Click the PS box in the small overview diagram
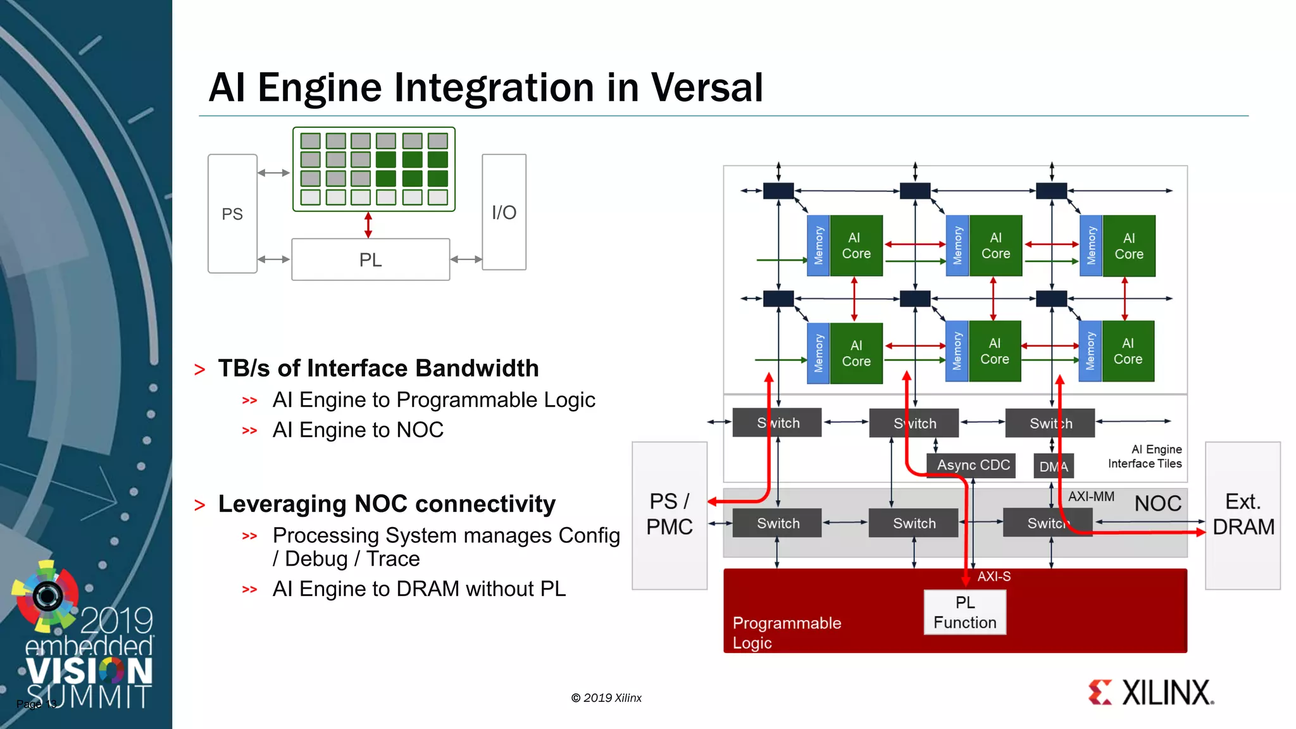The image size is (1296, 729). point(232,214)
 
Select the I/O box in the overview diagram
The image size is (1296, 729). point(504,213)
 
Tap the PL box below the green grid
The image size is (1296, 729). point(370,259)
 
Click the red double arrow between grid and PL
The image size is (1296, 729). point(368,225)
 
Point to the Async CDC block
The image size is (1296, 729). point(973,465)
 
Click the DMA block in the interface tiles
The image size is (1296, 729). point(1053,466)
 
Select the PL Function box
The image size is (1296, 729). point(964,613)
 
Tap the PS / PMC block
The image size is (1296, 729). point(669,514)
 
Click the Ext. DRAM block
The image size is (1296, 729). point(1243,514)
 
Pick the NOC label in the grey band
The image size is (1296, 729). point(1157,504)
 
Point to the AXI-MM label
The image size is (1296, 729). point(1091,497)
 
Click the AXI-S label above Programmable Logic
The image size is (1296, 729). point(994,576)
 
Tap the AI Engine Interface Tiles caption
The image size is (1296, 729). point(1145,456)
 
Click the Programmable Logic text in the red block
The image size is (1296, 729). point(786,633)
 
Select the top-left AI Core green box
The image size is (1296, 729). point(856,246)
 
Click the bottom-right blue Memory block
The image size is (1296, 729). point(1090,351)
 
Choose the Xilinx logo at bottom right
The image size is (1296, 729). point(1151,693)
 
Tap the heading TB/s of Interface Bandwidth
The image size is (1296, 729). point(378,368)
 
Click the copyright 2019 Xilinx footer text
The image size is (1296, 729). point(606,698)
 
